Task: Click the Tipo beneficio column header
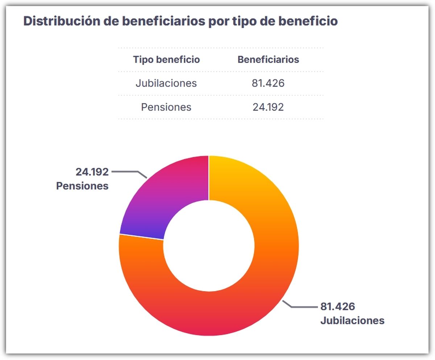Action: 166,60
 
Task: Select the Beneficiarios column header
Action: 268,60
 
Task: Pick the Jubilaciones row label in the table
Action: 166,83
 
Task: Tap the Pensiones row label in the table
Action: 166,107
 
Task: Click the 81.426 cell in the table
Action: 268,83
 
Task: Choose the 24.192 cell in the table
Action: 268,107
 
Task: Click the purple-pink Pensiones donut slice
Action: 170,196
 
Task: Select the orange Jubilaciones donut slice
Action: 254,276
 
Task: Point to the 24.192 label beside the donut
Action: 92,172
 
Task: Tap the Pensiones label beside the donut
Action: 82,186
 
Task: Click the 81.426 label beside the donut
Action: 337,307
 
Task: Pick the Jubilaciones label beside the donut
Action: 352,321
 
